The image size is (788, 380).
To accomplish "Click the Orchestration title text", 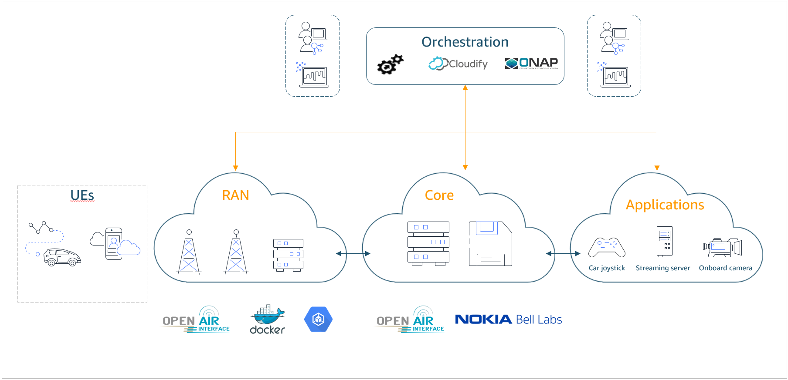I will [465, 42].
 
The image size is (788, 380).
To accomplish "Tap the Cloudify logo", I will [458, 64].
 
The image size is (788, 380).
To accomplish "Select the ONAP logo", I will [531, 64].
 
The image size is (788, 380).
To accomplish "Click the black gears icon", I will [390, 64].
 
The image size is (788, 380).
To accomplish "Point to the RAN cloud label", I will [235, 195].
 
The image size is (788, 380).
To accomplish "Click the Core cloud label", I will [439, 195].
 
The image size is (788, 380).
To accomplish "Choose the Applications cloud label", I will [665, 205].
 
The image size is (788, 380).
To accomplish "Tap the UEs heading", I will [82, 195].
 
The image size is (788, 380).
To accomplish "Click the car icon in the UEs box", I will [62, 257].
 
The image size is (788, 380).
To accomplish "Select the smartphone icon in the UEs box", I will [114, 244].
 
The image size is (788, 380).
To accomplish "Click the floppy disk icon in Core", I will [490, 244].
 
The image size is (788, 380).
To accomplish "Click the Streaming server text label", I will [662, 268].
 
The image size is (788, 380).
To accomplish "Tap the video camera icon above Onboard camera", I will [722, 247].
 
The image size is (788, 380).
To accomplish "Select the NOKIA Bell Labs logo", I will [508, 319].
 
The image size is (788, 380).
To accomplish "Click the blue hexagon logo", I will [318, 319].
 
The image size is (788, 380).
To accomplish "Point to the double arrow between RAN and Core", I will [353, 254].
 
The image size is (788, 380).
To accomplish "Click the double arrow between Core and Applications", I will [563, 254].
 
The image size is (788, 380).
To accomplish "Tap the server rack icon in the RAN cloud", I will [288, 255].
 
